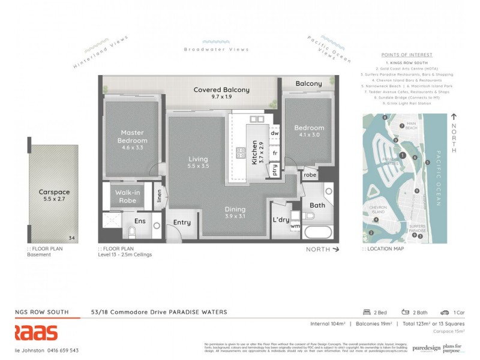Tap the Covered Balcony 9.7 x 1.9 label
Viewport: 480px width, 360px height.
(221, 94)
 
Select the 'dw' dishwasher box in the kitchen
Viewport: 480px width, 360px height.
(275, 133)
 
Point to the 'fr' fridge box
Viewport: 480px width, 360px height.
(275, 154)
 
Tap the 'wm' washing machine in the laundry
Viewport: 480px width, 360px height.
(294, 226)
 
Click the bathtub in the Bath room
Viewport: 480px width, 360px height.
(317, 232)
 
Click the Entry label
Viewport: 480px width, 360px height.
(181, 223)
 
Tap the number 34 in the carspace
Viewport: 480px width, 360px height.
(71, 238)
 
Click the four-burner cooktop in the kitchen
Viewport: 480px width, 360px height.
(241, 152)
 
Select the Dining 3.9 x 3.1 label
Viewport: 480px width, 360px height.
(235, 212)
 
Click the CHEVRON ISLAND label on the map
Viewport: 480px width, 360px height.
(378, 209)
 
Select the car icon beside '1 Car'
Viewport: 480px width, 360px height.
(445, 312)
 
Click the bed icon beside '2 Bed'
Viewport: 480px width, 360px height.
(366, 312)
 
